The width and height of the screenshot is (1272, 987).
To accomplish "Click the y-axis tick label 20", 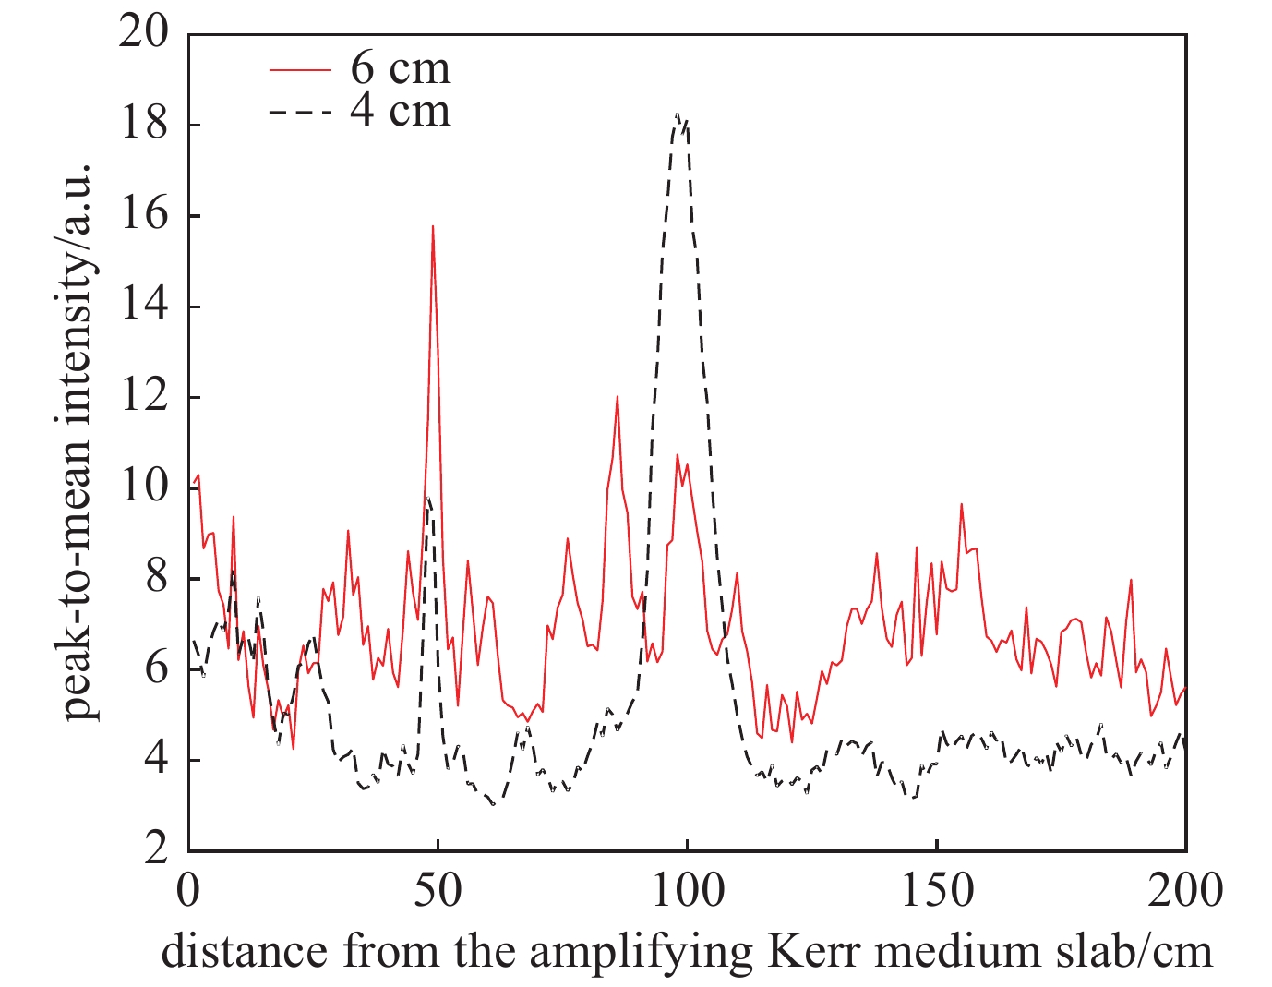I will pos(145,34).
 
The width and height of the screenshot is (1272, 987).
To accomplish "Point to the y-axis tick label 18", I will pos(145,125).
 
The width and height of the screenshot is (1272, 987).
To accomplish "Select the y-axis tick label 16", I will pos(145,215).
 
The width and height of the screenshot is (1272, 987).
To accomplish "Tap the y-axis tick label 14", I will pos(145,306).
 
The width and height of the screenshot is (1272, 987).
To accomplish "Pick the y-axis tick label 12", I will pos(145,397).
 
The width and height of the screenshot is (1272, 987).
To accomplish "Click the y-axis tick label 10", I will pos(145,487).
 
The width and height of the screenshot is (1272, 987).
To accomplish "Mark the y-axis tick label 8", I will pos(157,578).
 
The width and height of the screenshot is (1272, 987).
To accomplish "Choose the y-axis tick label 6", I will pos(157,668).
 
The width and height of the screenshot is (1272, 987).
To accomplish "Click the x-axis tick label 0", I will pos(189,891).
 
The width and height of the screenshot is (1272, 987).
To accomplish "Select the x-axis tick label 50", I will pos(438,891).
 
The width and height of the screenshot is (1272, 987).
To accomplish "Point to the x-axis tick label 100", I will pos(687,891).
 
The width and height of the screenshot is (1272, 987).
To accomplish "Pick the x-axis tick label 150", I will pos(936,891).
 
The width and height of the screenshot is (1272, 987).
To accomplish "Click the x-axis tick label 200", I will pos(1185,891).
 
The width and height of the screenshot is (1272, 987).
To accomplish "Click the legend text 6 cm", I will pos(401,68).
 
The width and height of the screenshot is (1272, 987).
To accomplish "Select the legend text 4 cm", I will pos(401,111).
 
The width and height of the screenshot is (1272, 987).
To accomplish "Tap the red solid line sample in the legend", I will pos(300,69).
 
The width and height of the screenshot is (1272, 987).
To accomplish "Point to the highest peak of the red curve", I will pos(432,226).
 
